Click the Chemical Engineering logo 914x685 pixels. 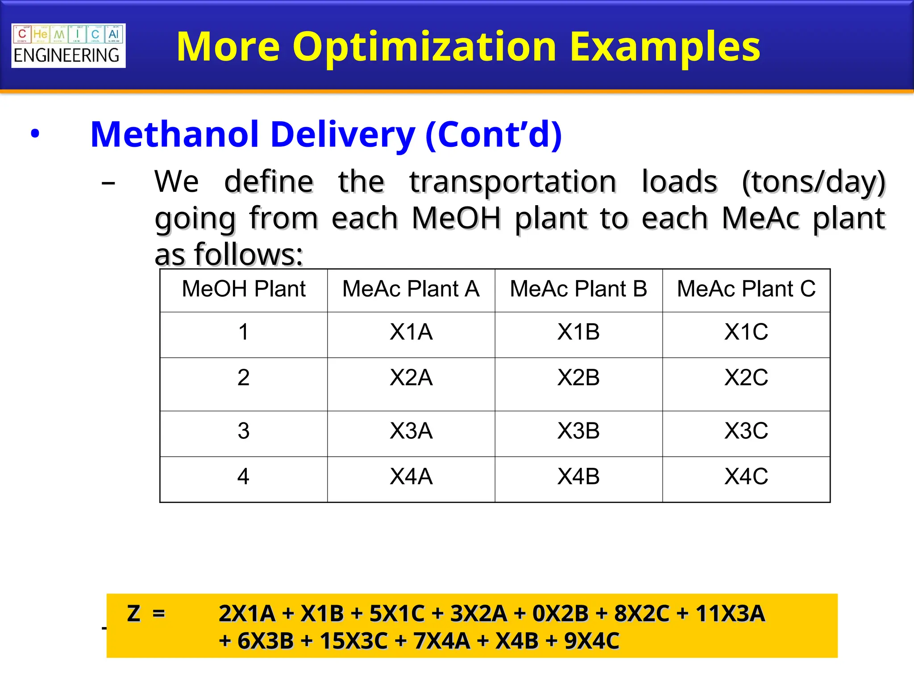click(x=68, y=45)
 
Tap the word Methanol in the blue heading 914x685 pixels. click(x=174, y=134)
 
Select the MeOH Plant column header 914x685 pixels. click(x=244, y=289)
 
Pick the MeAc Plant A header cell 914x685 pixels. click(x=411, y=289)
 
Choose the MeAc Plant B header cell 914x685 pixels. click(x=578, y=289)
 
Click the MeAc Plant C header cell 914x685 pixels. click(x=746, y=289)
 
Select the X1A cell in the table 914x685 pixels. click(x=411, y=332)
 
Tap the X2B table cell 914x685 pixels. click(x=578, y=378)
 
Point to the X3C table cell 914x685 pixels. click(x=746, y=431)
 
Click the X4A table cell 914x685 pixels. click(x=411, y=477)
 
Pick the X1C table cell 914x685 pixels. click(x=746, y=332)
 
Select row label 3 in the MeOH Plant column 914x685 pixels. click(x=244, y=431)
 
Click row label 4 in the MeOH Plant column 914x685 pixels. click(x=243, y=477)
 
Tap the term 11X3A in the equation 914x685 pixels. click(x=730, y=614)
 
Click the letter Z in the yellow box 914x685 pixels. click(x=134, y=614)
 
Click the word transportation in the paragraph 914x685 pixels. click(x=513, y=182)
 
